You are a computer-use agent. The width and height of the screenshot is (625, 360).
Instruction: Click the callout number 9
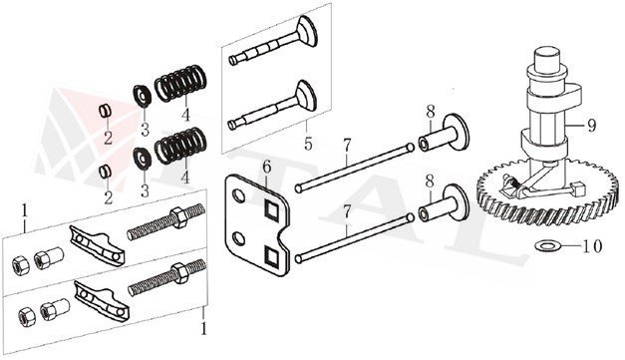click(591, 126)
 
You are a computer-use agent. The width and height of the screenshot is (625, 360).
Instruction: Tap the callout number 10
click(592, 246)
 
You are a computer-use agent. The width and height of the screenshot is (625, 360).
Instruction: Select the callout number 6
click(267, 167)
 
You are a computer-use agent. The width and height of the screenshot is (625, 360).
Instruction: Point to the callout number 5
click(308, 144)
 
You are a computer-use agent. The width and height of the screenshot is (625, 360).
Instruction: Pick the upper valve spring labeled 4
click(180, 84)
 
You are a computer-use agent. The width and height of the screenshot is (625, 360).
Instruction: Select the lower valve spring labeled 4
click(180, 146)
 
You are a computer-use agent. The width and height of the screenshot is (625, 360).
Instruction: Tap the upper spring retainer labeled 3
click(142, 96)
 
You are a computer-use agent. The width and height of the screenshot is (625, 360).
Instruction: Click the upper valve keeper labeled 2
click(105, 111)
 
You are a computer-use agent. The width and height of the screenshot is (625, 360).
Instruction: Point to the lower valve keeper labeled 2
click(105, 172)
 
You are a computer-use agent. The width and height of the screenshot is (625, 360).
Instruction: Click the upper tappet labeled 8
click(444, 134)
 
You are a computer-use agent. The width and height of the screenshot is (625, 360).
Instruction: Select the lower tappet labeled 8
click(444, 203)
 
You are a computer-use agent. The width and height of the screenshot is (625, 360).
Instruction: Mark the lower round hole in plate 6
click(239, 239)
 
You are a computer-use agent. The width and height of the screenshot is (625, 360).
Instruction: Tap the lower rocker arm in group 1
click(102, 299)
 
